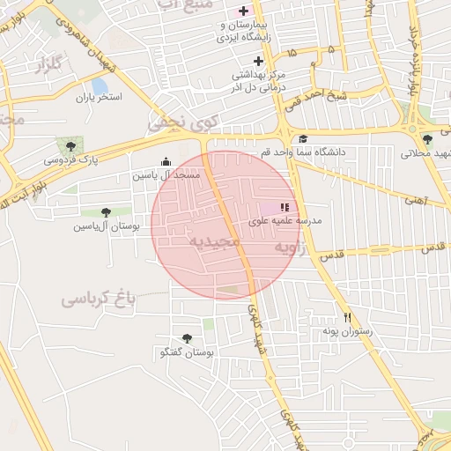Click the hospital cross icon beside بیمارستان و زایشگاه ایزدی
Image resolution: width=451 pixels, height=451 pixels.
243,11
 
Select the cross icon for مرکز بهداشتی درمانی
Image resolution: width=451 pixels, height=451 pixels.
258,61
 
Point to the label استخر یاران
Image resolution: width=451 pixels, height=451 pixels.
96,98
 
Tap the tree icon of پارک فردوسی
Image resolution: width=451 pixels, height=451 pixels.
70,144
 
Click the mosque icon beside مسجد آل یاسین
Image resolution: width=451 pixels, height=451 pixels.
166,160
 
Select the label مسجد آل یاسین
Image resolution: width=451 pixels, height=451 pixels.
166,175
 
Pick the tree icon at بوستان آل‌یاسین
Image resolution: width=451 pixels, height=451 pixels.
106,211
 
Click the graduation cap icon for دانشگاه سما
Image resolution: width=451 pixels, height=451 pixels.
303,138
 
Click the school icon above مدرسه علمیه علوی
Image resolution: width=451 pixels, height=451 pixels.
285,206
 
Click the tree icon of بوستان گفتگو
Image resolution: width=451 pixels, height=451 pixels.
186,337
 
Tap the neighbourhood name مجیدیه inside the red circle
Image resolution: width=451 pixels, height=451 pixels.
214,240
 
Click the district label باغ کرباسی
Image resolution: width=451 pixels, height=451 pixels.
100,299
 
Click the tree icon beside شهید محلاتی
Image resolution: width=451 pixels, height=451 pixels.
427,139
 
